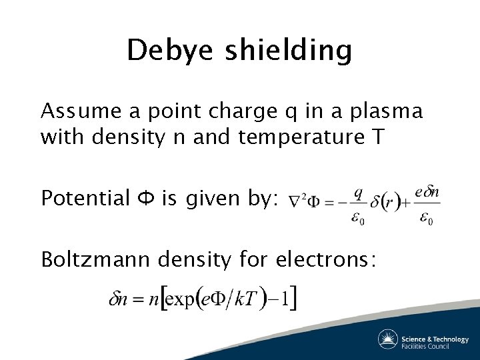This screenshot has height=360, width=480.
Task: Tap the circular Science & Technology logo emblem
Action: point(387,339)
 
